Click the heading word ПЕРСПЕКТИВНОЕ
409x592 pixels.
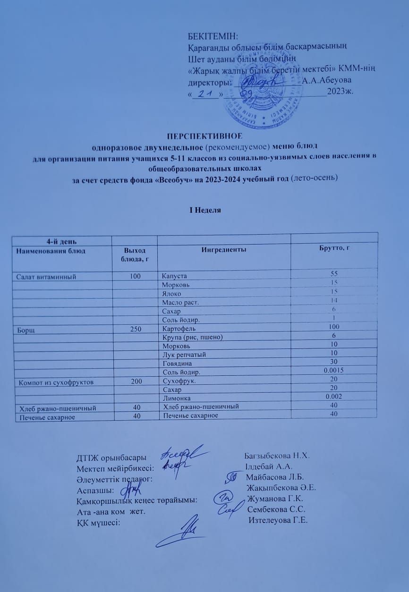click(204, 137)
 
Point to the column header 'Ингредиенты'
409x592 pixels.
click(223, 250)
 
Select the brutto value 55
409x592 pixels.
click(333, 274)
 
